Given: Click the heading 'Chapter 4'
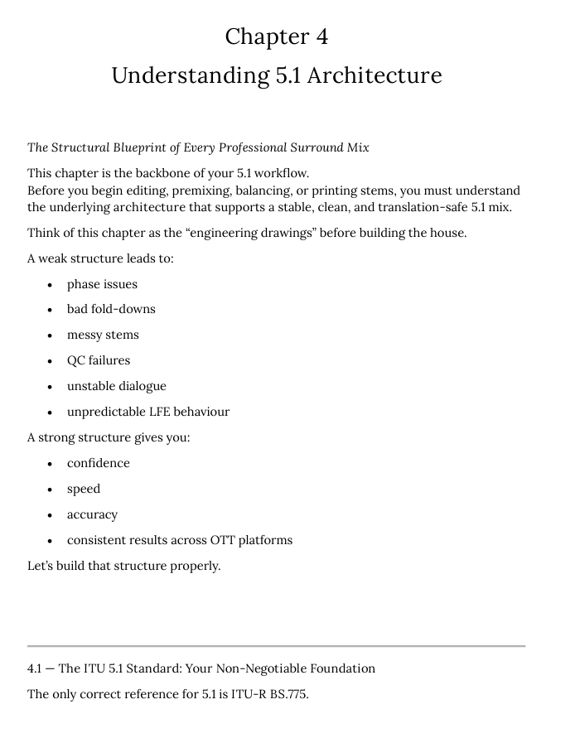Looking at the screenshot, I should click(x=277, y=36).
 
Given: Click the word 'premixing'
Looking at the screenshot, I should click(x=204, y=191).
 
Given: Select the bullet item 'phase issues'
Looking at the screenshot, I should click(x=102, y=284).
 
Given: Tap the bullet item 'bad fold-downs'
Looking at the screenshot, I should click(x=111, y=309).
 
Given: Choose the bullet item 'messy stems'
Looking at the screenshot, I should click(x=103, y=335).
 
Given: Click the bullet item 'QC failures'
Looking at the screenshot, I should click(x=99, y=360).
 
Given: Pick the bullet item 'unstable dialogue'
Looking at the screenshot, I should click(x=116, y=386).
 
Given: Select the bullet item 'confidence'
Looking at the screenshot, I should click(x=99, y=463).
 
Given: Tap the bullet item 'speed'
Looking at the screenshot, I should click(x=84, y=489).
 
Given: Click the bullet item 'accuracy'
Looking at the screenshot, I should click(x=92, y=514).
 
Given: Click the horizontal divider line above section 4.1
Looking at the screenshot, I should click(x=276, y=646).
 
